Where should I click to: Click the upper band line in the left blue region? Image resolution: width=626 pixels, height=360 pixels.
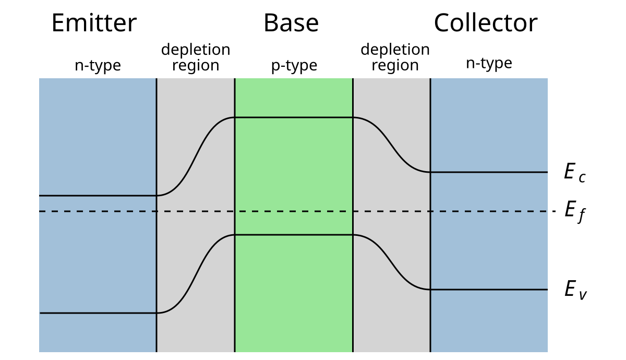pos(98,196)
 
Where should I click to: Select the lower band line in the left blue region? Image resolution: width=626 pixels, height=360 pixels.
pos(98,313)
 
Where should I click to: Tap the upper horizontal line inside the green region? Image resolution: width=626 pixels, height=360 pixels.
pos(294,117)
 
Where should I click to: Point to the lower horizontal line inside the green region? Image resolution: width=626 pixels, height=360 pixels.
pos(294,235)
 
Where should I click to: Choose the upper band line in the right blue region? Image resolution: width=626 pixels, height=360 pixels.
pos(489,172)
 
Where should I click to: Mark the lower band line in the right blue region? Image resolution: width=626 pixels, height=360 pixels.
pos(489,290)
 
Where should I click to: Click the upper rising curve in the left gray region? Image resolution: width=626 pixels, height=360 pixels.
pos(196,157)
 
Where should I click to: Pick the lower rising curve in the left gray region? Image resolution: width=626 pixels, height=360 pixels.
pos(196,274)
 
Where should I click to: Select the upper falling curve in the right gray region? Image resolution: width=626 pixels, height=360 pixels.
pos(391,145)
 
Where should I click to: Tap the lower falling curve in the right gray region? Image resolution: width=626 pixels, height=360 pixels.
pos(391,262)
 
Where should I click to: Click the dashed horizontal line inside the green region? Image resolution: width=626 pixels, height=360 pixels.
pos(294,211)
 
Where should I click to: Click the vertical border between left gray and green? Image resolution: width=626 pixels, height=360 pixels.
pos(235,172)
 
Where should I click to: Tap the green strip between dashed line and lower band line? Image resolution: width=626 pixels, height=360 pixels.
pos(294,223)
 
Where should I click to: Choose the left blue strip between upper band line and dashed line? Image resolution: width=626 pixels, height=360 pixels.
pos(98,203)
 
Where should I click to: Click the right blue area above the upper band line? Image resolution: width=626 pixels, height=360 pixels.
pos(489,125)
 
